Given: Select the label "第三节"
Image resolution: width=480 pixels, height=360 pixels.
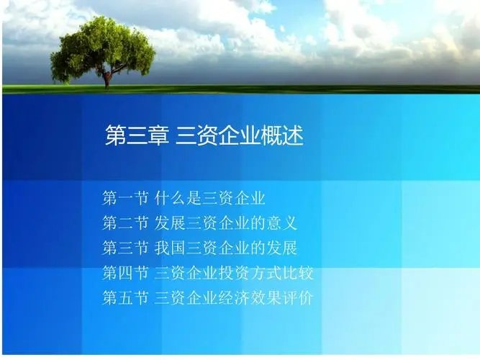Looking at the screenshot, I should coord(125,248).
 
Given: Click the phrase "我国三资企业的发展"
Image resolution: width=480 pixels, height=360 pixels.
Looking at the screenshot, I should coord(226,248).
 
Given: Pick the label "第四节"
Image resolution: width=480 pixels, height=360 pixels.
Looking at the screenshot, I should coord(125,273).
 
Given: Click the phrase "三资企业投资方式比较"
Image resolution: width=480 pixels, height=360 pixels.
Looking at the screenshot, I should coord(234,273).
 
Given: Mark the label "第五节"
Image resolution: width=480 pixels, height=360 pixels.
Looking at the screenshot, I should coord(125,297).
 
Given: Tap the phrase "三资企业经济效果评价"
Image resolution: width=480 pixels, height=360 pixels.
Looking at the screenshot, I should coord(234,297).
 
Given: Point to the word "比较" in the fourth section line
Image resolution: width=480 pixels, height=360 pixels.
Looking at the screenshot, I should coord(298,273).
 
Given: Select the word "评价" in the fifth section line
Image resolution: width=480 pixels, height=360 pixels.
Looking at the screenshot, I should coord(298,297).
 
